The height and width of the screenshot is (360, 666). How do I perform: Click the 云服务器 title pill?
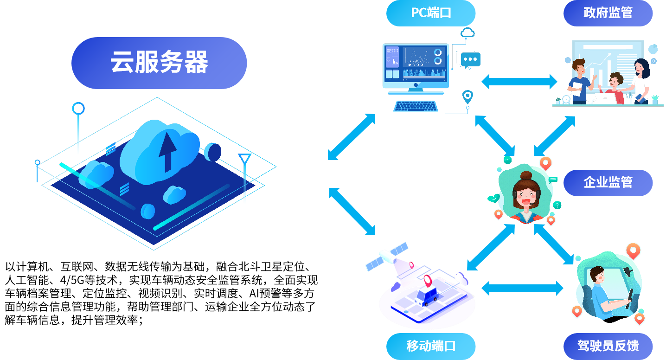click(159, 63)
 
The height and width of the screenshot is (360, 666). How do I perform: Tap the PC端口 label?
click(431, 13)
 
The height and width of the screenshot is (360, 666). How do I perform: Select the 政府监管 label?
click(608, 13)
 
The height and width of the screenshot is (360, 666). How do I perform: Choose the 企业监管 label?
click(608, 183)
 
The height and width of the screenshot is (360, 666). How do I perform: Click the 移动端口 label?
click(431, 346)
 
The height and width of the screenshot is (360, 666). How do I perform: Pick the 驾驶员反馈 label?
click(608, 346)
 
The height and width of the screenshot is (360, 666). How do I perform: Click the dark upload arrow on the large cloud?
click(168, 152)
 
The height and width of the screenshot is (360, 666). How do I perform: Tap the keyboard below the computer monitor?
click(416, 106)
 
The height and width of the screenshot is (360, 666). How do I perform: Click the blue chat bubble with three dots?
click(470, 60)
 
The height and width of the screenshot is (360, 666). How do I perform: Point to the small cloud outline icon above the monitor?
click(467, 32)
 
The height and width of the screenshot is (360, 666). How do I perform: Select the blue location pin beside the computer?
click(467, 96)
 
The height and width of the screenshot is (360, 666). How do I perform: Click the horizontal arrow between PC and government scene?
click(519, 82)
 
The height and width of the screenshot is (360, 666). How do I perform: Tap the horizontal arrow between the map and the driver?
click(522, 289)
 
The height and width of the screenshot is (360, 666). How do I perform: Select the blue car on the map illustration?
click(427, 296)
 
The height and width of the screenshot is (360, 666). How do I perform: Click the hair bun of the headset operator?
click(526, 175)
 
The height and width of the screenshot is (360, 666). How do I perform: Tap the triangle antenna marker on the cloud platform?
click(245, 158)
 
